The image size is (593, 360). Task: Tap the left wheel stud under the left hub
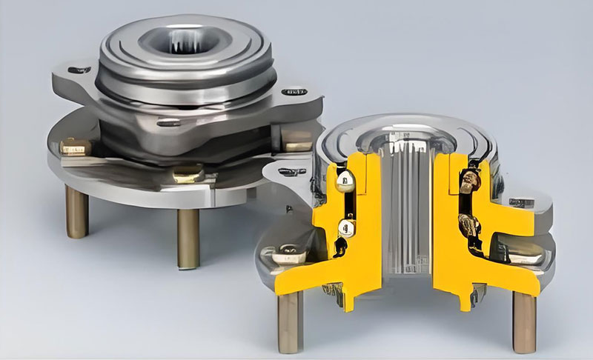[76, 211]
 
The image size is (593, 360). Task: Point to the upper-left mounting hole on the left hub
[79, 70]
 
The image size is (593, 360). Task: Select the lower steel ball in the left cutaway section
[345, 226]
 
